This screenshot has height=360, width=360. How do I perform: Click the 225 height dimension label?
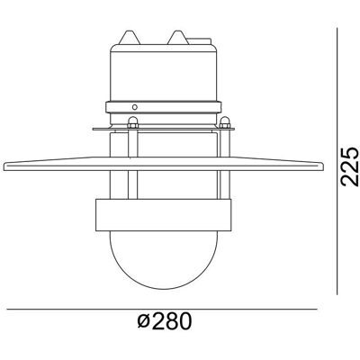click(350, 166)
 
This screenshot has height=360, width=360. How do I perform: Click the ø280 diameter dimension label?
click(165, 321)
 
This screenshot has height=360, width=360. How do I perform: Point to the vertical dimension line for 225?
click(337, 161)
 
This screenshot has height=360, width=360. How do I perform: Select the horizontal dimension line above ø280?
click(162, 309)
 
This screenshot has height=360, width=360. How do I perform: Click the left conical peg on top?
click(130, 37)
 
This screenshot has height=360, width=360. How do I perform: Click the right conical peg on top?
click(178, 37)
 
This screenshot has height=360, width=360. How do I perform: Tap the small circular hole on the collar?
click(135, 107)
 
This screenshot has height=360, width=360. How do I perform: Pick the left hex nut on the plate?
click(132, 122)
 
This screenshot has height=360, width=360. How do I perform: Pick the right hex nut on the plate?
click(225, 122)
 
